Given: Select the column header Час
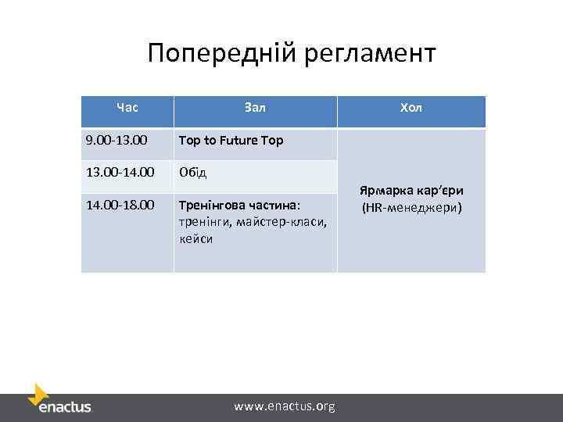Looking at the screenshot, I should point(127,107).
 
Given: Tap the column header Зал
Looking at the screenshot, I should point(255,107).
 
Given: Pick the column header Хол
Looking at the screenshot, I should point(411,107).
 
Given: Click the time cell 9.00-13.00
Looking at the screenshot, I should point(117,141).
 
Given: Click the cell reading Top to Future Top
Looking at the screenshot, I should point(231,141).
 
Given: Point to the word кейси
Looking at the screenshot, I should point(196,239).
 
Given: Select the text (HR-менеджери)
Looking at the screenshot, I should point(411,207).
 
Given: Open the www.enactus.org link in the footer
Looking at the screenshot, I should point(285,406).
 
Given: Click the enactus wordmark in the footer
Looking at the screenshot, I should point(65,406).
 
